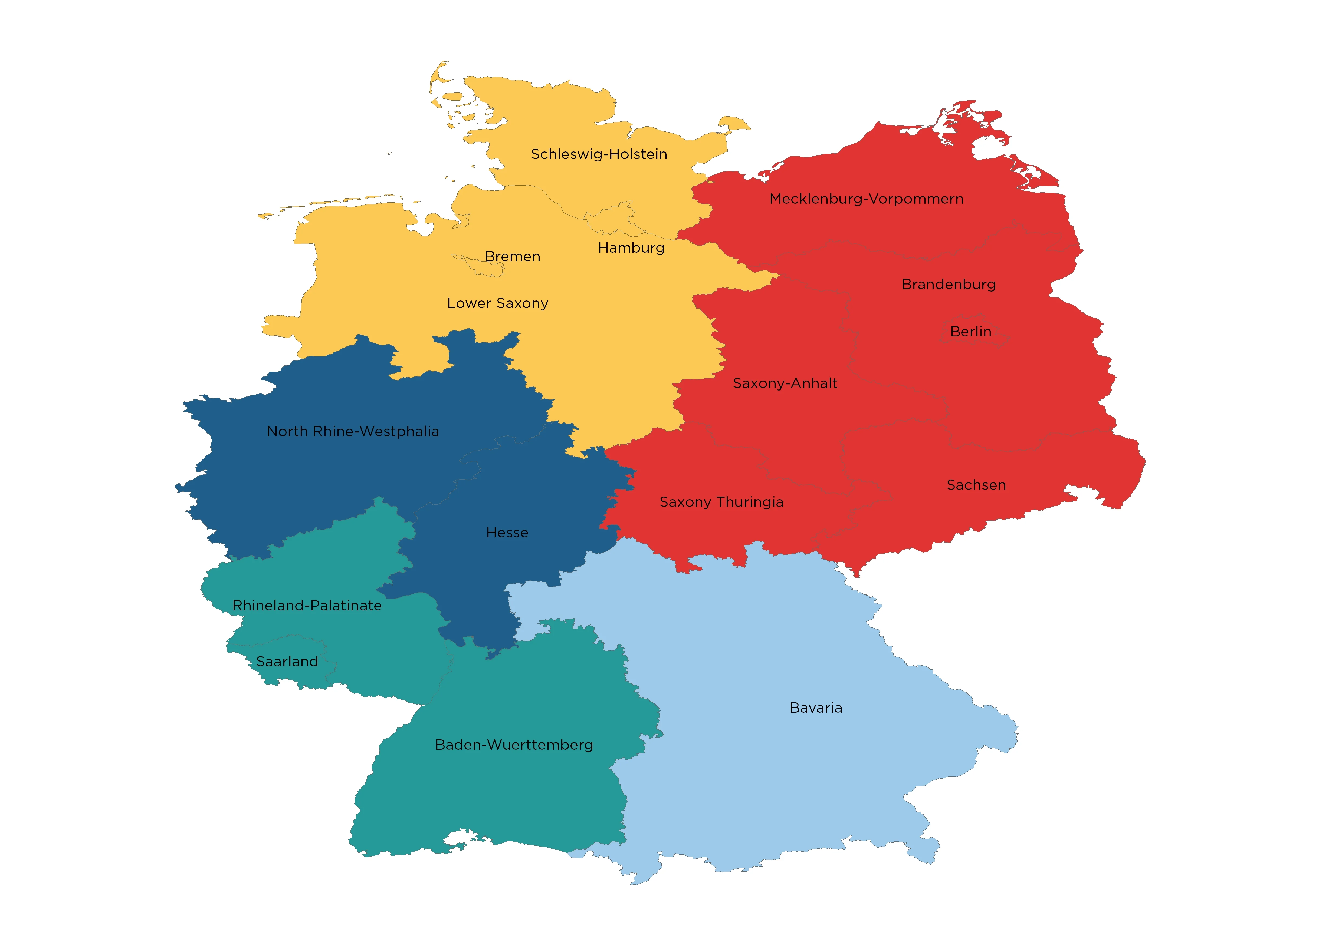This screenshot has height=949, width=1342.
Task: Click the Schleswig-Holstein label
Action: [x=599, y=154]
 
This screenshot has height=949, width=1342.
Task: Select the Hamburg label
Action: [x=631, y=248]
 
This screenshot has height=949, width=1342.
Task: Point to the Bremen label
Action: [x=512, y=257]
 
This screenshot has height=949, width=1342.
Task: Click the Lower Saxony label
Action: [x=498, y=303]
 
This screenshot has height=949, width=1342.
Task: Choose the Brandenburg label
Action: [x=949, y=285]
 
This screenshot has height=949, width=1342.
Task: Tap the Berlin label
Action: [x=971, y=332]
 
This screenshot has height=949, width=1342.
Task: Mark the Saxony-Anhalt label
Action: [x=785, y=383]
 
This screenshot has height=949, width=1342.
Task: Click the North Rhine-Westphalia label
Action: [x=353, y=431]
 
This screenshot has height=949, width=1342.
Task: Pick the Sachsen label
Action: [x=976, y=485]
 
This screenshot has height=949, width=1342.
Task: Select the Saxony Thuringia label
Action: [x=721, y=502]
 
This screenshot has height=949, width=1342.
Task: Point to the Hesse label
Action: [x=507, y=532]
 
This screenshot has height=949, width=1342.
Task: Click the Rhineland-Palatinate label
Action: [x=307, y=605]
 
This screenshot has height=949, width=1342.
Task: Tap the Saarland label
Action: [x=287, y=662]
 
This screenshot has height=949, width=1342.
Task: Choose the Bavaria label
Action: [x=816, y=708]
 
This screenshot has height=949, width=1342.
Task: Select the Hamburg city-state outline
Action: [x=611, y=219]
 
